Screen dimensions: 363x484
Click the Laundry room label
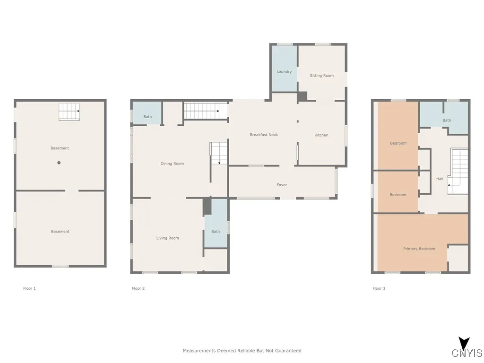[284, 72]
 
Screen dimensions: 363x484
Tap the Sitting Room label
[321, 76]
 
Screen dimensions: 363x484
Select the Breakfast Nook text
[264, 135]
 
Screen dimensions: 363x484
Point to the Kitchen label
[321, 135]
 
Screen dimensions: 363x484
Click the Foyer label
[282, 185]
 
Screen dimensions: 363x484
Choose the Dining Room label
[172, 164]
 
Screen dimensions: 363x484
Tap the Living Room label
[168, 238]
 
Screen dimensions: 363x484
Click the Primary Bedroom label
[419, 249]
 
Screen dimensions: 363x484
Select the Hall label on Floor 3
[440, 179]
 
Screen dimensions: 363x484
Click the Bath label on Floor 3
[447, 121]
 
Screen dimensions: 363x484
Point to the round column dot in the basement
[59, 163]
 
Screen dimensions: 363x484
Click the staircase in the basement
[69, 112]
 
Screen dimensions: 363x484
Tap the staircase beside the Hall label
[458, 171]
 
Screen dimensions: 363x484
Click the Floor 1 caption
[29, 288]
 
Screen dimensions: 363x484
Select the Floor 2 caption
[138, 288]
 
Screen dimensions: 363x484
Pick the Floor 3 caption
[379, 288]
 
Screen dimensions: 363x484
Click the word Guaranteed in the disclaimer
[287, 351]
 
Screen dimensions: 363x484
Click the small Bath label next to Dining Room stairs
[147, 117]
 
